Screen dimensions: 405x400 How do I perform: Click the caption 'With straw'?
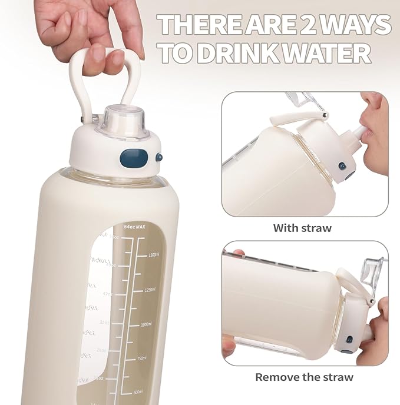point(302,228)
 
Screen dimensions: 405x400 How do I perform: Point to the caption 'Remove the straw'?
point(304,377)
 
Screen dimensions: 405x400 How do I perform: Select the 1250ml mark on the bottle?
point(154,290)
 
